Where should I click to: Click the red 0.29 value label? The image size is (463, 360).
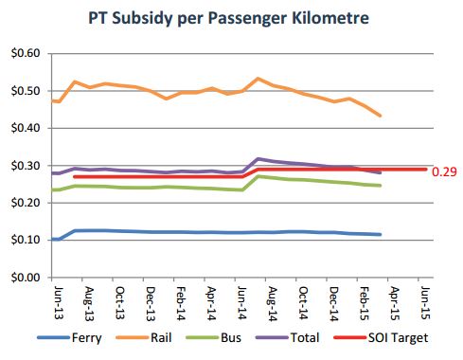[x=443, y=171]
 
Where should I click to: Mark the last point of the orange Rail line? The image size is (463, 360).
[x=380, y=117]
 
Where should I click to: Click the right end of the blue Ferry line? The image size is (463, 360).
[x=380, y=234]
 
